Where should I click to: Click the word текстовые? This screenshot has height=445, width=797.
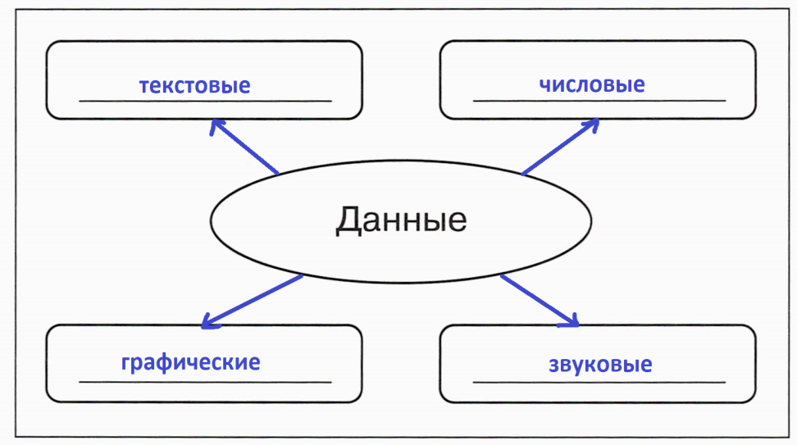[194, 86]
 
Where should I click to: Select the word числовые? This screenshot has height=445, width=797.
[592, 85]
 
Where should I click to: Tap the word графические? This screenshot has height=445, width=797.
[190, 363]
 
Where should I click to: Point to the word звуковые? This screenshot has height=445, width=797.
[600, 365]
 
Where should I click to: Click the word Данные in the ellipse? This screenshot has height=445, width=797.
[401, 220]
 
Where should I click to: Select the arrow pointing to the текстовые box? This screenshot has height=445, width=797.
[244, 147]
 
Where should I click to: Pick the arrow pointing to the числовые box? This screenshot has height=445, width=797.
[560, 147]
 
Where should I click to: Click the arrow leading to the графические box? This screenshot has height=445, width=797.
[252, 302]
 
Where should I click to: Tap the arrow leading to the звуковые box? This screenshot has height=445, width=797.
[540, 301]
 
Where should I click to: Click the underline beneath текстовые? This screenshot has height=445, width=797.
[205, 101]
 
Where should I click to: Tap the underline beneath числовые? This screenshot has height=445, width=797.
[599, 101]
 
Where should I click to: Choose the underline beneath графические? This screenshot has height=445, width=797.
[205, 382]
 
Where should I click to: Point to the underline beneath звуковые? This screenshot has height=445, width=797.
[599, 382]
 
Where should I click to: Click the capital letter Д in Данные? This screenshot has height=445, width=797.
[348, 221]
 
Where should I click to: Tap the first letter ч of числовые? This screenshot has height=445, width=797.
[544, 85]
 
